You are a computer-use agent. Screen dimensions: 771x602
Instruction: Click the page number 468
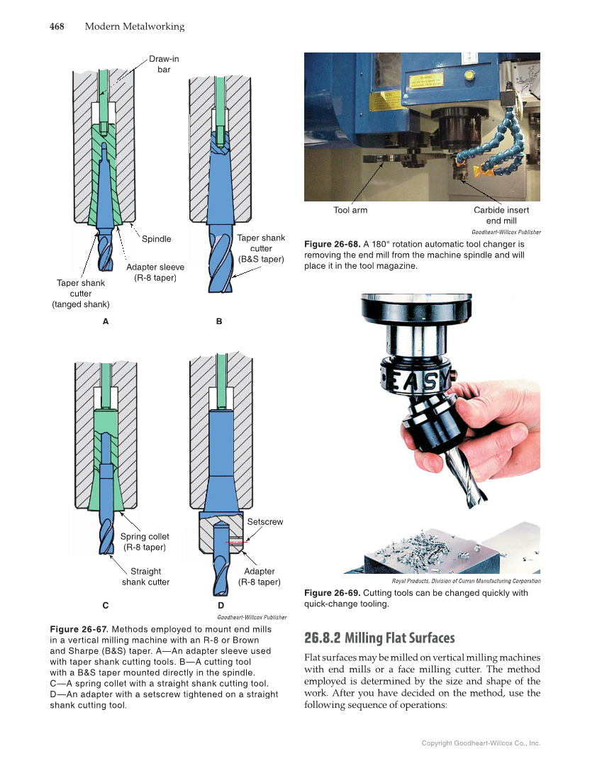[x=57, y=27]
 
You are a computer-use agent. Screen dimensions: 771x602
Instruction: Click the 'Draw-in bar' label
[x=164, y=64]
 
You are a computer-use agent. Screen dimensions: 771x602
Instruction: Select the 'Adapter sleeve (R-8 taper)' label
[x=155, y=272]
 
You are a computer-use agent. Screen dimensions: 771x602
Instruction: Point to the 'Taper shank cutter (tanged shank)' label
[x=81, y=294]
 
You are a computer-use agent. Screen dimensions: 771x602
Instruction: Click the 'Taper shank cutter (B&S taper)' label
[x=261, y=249]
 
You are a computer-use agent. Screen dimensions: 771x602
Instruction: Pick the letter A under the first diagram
[x=106, y=321]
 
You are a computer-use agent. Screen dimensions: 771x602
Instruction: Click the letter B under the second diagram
[x=219, y=321]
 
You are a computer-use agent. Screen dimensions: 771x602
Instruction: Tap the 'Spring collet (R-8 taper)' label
[x=145, y=542]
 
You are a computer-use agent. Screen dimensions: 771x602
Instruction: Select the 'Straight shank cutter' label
[x=145, y=577]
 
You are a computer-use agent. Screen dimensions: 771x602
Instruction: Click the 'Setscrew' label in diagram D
[x=264, y=522]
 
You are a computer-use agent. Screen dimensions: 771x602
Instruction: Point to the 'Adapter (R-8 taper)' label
[x=259, y=577]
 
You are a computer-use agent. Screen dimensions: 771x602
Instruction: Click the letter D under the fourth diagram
[x=221, y=606]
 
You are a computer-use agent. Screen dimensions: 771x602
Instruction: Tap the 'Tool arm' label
[x=350, y=210]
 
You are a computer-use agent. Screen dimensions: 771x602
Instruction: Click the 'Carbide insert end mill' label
[x=501, y=215]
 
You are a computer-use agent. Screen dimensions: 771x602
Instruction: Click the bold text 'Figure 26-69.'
[x=332, y=593]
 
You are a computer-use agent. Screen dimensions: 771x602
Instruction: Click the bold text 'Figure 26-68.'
[x=332, y=243]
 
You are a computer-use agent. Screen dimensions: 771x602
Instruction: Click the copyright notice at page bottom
[x=481, y=743]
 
